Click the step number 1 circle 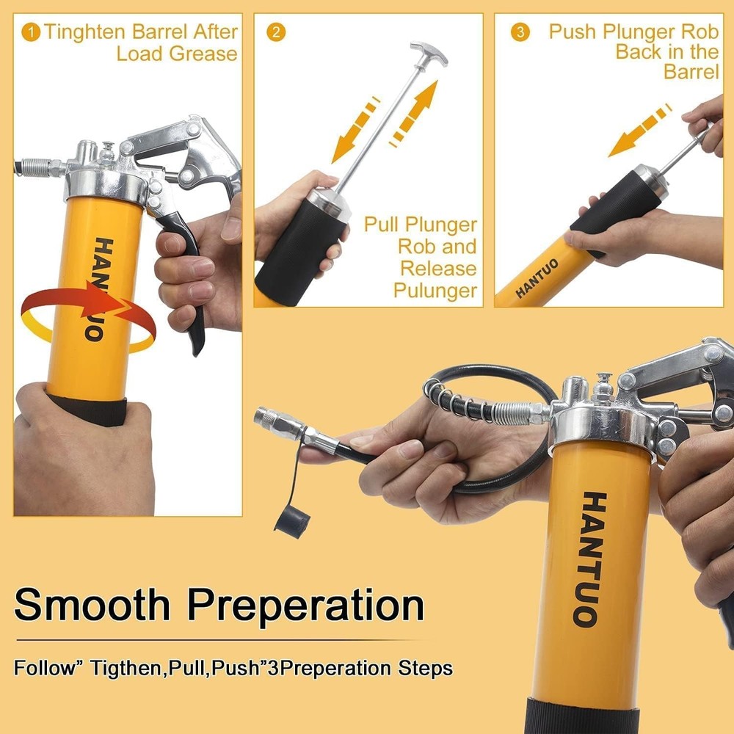(x=31, y=33)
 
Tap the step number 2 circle (x=276, y=33)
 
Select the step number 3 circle (x=519, y=33)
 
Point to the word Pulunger (x=435, y=291)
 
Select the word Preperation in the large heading (x=305, y=607)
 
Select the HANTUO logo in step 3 (x=537, y=278)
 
